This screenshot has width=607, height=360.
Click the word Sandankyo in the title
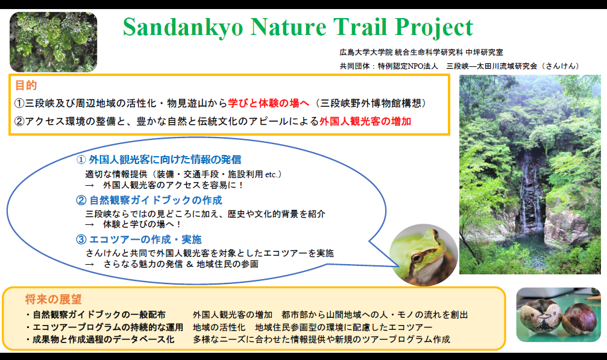tap(183, 27)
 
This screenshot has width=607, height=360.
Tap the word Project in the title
tap(434, 28)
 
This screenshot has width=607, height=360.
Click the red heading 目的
tap(26, 85)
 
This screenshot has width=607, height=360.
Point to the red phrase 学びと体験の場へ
tap(269, 103)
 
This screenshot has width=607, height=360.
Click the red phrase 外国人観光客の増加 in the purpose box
tap(365, 121)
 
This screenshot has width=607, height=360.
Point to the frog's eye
tap(417, 257)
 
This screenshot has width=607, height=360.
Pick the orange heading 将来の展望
tap(54, 299)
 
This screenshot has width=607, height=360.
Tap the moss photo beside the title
tap(54, 42)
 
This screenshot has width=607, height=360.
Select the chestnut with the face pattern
tap(541, 317)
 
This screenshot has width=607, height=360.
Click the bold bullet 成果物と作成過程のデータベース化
tap(103, 339)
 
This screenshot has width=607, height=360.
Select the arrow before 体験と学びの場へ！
tap(90, 224)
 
